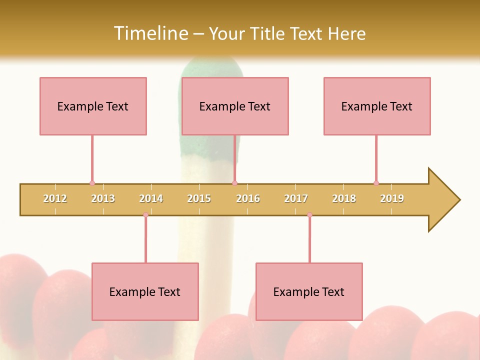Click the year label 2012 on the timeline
click(55, 198)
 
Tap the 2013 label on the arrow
click(103, 198)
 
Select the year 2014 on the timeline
click(151, 198)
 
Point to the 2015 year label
click(199, 198)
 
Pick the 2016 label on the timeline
click(248, 198)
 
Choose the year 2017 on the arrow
click(296, 198)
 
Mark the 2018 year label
click(344, 198)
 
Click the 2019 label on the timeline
click(392, 198)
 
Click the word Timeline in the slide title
click(150, 33)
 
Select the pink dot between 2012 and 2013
click(92, 183)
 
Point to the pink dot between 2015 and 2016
click(234, 183)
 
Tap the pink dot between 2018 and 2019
click(376, 183)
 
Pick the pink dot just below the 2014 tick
click(145, 214)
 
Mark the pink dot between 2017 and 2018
click(309, 214)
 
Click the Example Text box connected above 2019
click(377, 106)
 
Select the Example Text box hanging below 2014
click(145, 291)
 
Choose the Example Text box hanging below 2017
click(309, 291)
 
